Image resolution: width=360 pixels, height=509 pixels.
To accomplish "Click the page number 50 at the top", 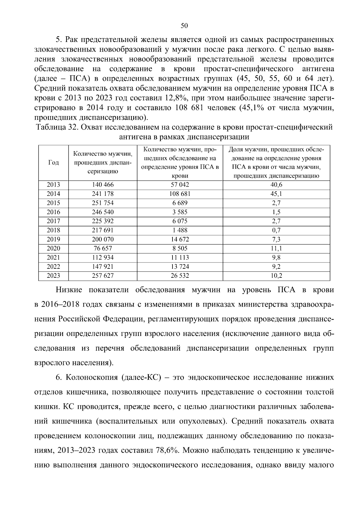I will [184, 26].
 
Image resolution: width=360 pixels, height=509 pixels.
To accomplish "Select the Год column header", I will [53, 163].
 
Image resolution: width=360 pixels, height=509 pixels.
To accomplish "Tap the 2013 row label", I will [53, 185].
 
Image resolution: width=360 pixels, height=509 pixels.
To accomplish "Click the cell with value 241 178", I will [103, 194].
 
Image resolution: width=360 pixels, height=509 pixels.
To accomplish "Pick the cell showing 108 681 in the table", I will [180, 194].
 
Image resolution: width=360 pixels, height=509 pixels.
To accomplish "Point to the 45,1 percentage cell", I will [276, 194].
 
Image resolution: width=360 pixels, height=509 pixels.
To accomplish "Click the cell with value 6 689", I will [180, 203].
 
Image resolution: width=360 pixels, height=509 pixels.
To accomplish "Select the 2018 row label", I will [53, 230].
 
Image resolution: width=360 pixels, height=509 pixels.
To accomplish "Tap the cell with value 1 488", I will [180, 230].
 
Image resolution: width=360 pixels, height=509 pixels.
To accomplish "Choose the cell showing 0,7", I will [276, 230].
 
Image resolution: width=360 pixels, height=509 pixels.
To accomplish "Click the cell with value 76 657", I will [103, 248].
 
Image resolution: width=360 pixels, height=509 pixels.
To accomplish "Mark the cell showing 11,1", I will [276, 248].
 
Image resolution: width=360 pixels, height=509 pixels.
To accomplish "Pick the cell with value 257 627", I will [103, 276].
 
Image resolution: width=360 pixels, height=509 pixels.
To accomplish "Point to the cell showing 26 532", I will [180, 276].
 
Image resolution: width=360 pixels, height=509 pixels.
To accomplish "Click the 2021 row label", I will [53, 257].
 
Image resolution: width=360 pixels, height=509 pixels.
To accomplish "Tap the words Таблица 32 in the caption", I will [57, 127].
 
